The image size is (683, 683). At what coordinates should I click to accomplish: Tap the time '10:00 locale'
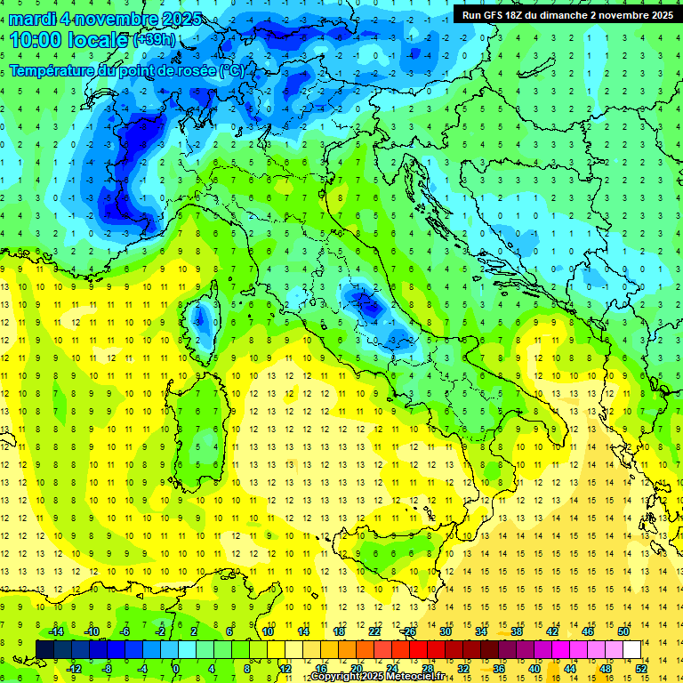[69, 39]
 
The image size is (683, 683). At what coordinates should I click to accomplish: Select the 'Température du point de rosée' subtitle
[125, 69]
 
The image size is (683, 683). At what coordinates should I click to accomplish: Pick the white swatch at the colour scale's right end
[631, 649]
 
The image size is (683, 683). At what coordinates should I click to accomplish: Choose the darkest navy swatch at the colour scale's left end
[44, 649]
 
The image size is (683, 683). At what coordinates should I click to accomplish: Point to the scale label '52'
[641, 668]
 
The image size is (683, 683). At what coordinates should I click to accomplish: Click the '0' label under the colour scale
[176, 668]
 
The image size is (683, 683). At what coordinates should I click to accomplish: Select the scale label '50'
[623, 631]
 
